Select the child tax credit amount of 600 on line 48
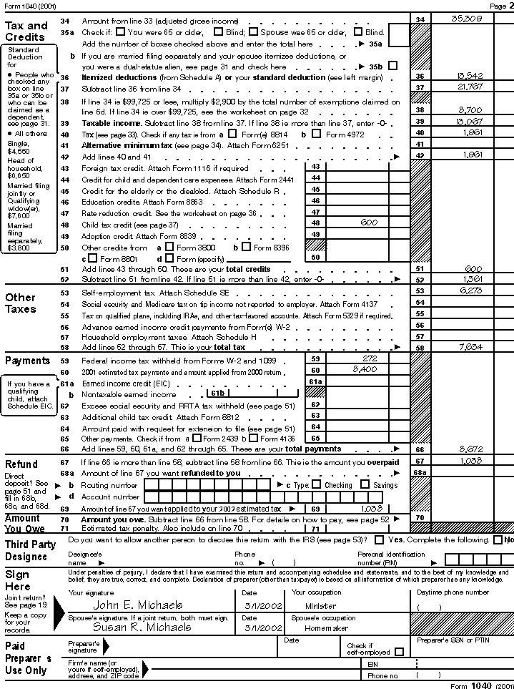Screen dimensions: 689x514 [x=369, y=223]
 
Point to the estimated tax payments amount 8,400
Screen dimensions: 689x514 [x=365, y=369]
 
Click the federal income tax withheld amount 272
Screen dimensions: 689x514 [x=370, y=358]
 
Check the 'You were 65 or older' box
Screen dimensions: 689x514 [x=120, y=32]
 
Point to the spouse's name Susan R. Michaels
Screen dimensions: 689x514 [x=142, y=627]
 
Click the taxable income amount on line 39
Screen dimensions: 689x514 [x=465, y=122]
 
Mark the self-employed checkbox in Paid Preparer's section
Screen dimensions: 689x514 [x=399, y=652]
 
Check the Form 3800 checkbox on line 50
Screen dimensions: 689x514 [x=169, y=247]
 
